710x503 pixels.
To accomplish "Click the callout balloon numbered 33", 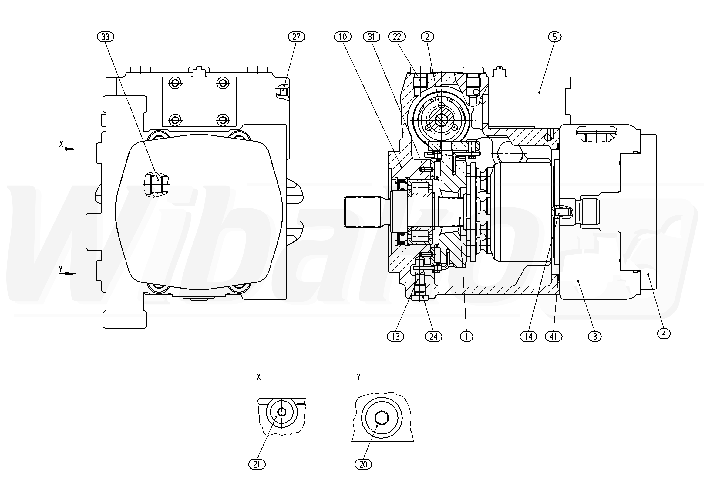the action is point(106,37).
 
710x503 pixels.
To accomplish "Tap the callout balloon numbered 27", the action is point(296,37).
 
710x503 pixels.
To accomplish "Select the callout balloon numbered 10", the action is point(343,37).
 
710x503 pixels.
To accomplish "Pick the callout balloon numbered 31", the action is point(372,37).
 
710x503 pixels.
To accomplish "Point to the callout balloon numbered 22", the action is point(397,37).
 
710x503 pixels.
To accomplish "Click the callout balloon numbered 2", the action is point(427,37).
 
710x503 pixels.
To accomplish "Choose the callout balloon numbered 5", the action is point(554,37).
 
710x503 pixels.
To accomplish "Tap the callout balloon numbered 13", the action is point(395,336).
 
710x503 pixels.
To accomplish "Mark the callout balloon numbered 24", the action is point(433,336).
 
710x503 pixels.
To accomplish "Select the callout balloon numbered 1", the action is point(466,336).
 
